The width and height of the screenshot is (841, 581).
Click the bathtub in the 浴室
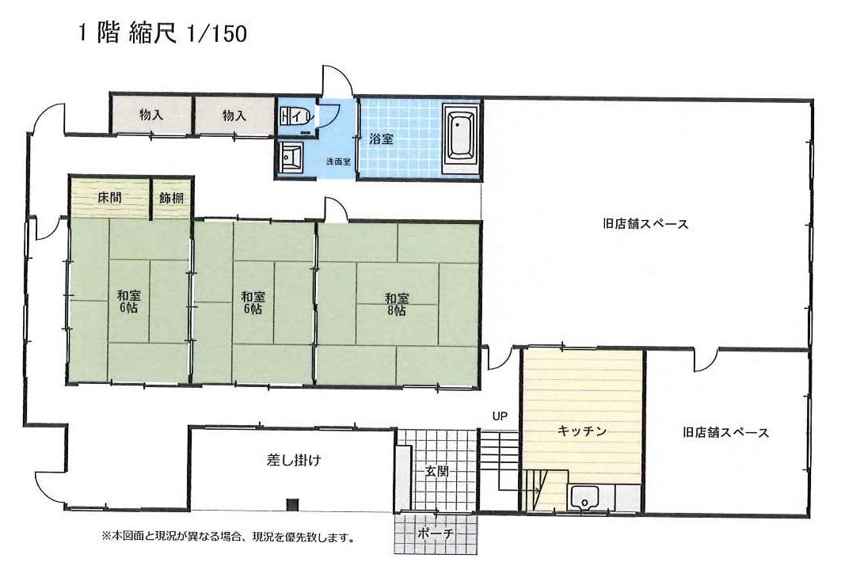460,139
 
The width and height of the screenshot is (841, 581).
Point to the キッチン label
582,431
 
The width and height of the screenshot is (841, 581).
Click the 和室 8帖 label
397,304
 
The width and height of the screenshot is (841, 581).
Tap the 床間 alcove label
109,198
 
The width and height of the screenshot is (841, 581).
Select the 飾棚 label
171,198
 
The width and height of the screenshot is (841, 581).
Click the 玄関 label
436,472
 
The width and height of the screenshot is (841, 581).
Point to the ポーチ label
435,534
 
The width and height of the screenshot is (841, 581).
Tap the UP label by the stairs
500,416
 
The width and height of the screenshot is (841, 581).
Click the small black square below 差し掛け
291,505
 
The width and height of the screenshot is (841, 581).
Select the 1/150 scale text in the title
217,34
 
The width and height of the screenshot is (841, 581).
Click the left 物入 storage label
151,115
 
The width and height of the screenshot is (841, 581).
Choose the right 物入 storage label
234,116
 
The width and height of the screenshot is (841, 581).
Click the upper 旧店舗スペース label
645,223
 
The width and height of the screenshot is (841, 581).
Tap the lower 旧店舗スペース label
725,432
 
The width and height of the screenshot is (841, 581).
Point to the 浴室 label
382,139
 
